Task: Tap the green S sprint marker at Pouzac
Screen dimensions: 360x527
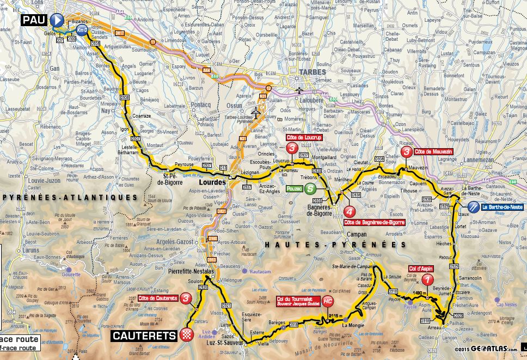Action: [310, 189]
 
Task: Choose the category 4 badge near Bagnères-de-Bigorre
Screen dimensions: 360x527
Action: [350, 212]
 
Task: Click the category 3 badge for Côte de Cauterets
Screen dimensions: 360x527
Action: [187, 298]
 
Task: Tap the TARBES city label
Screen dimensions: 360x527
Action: [311, 72]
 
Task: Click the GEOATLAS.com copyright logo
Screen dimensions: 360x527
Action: [485, 349]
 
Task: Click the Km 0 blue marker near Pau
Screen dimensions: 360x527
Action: [82, 30]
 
